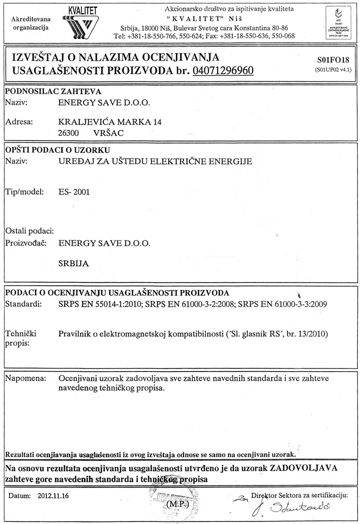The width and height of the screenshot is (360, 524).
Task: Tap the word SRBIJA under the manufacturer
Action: [x=74, y=263]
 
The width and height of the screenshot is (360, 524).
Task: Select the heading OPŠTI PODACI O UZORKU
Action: [x=57, y=150]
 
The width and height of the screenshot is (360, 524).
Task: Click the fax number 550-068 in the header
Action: [x=281, y=36]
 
